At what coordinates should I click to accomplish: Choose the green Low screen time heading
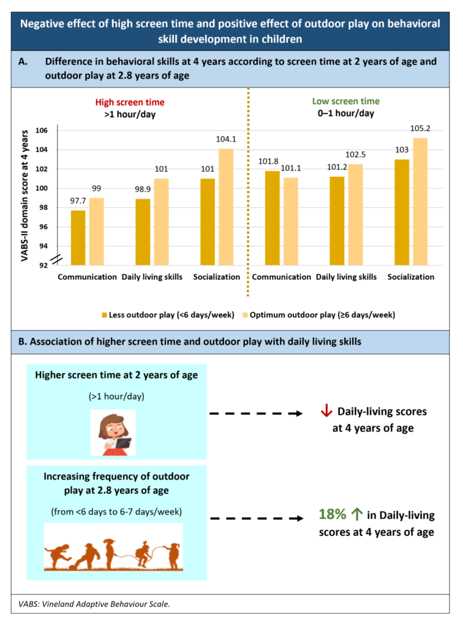tap(345, 101)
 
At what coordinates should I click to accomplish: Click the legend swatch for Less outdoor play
tap(105, 315)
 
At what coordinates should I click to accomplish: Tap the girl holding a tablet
tap(113, 432)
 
